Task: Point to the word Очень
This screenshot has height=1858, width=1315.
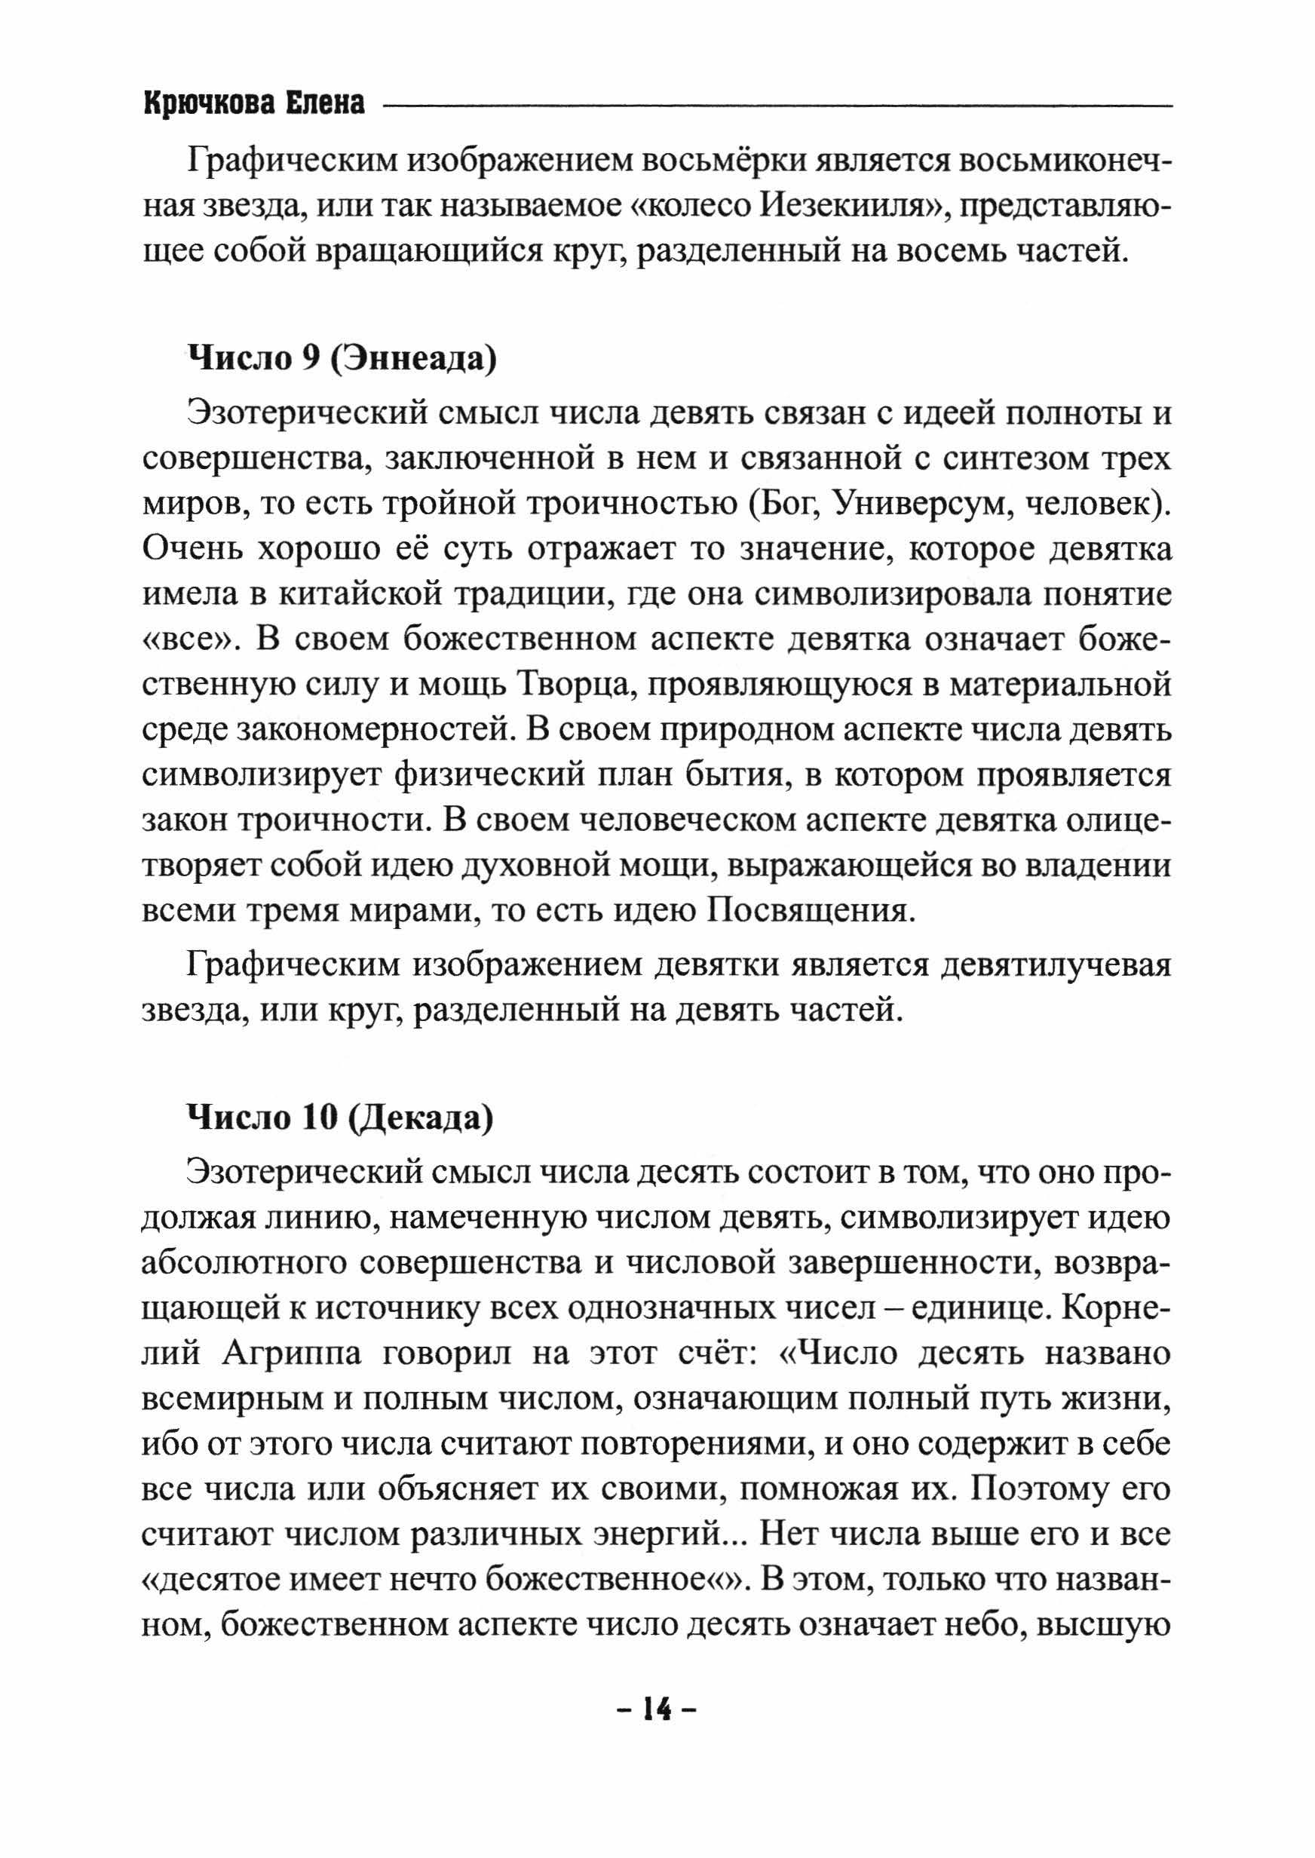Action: click(190, 550)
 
